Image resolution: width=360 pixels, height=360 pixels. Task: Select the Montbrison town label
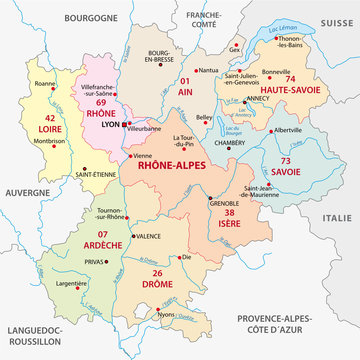pyautogui.click(x=49, y=139)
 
